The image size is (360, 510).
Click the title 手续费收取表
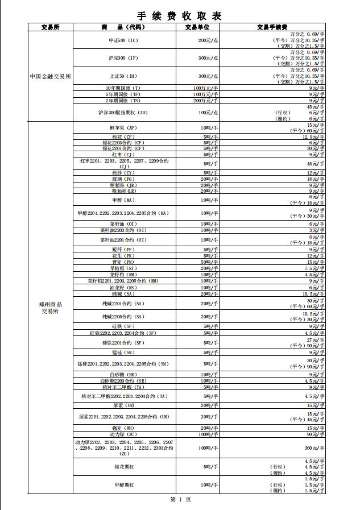[180, 15]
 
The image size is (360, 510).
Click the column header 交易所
[50, 27]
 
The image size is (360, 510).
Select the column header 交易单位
[197, 27]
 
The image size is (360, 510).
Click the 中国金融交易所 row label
[50, 76]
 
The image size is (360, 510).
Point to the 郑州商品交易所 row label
[50, 308]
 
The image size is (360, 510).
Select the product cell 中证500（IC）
[123, 41]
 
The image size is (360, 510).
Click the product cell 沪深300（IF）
[123, 58]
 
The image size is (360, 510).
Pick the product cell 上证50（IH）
[123, 76]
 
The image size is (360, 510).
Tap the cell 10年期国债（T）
[123, 88]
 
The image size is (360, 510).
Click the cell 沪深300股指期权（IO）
[123, 113]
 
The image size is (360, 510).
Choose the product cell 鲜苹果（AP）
[123, 128]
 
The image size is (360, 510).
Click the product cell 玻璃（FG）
[123, 179]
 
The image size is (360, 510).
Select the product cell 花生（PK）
[123, 256]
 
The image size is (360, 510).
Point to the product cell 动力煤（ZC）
[123, 434]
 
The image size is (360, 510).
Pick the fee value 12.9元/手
[314, 137]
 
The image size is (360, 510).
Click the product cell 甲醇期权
[123, 485]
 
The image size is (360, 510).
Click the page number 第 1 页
[180, 499]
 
